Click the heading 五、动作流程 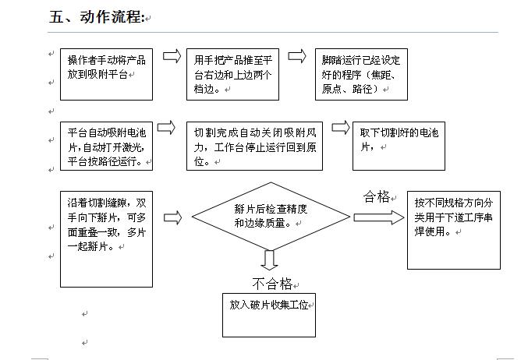click(97, 17)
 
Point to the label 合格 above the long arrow click(377, 196)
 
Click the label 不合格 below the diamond click(272, 284)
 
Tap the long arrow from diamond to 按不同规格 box click(379, 217)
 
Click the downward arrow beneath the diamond click(269, 260)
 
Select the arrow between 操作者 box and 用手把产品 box click(172, 56)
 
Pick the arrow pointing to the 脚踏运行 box click(297, 56)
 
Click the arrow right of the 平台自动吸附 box click(166, 128)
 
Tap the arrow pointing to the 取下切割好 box click(341, 128)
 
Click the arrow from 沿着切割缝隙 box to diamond click(172, 217)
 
